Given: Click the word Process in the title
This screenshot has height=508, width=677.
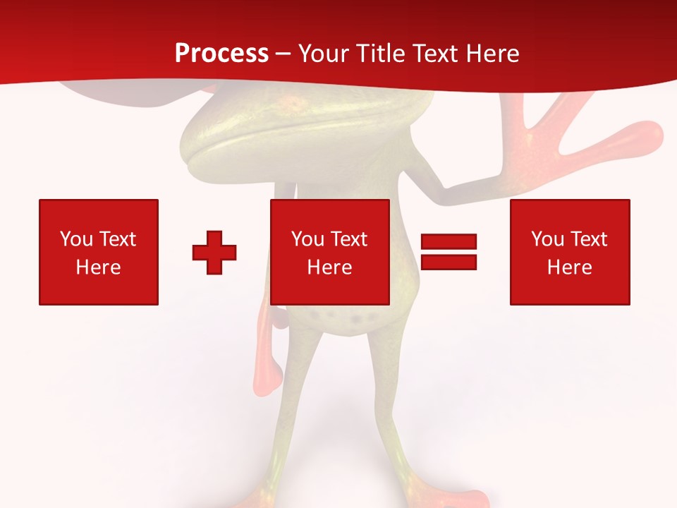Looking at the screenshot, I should point(221,54).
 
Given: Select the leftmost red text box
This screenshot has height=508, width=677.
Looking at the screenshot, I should point(99,252).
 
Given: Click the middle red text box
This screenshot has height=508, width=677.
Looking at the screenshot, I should point(330,252).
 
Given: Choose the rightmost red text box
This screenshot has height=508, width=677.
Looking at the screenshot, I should point(570,252).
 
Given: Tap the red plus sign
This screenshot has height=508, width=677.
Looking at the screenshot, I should point(214,253).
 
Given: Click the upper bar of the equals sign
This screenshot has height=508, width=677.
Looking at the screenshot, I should point(449,242).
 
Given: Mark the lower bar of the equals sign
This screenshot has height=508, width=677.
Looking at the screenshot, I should point(449,262).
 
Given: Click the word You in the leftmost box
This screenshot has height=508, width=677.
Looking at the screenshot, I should point(76,239).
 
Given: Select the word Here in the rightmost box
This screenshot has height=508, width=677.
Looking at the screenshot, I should point(569,267).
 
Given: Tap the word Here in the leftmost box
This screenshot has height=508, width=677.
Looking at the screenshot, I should point(98,267).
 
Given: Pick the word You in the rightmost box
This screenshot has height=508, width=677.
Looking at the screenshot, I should point(547,239).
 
